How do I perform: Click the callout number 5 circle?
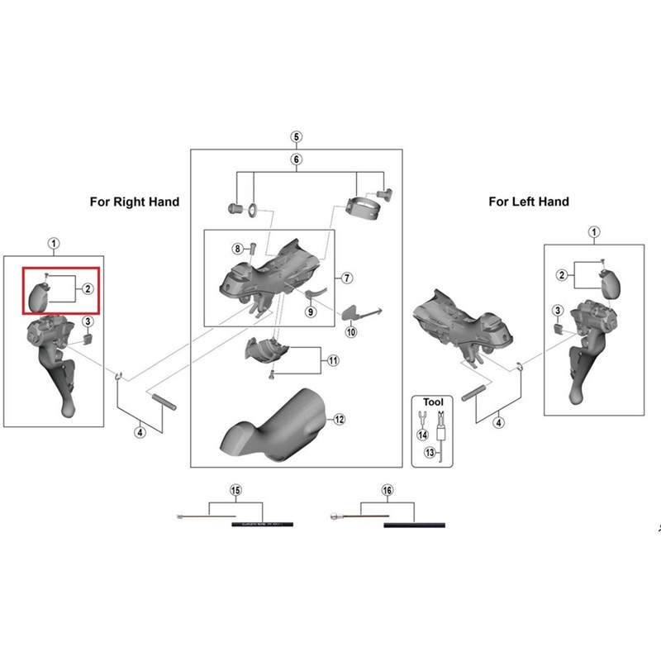tap(297, 136)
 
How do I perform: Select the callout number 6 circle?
tap(297, 159)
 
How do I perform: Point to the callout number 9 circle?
tap(311, 311)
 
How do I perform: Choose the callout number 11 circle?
tap(333, 361)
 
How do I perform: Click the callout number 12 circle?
tap(338, 419)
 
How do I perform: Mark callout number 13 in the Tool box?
tap(430, 453)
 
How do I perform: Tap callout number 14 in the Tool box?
tap(421, 434)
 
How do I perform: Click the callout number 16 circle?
tap(387, 491)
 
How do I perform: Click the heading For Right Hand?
tap(134, 202)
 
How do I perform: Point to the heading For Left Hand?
tap(529, 202)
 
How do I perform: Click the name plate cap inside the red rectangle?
tap(40, 296)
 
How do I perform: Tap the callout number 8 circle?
tap(237, 248)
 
